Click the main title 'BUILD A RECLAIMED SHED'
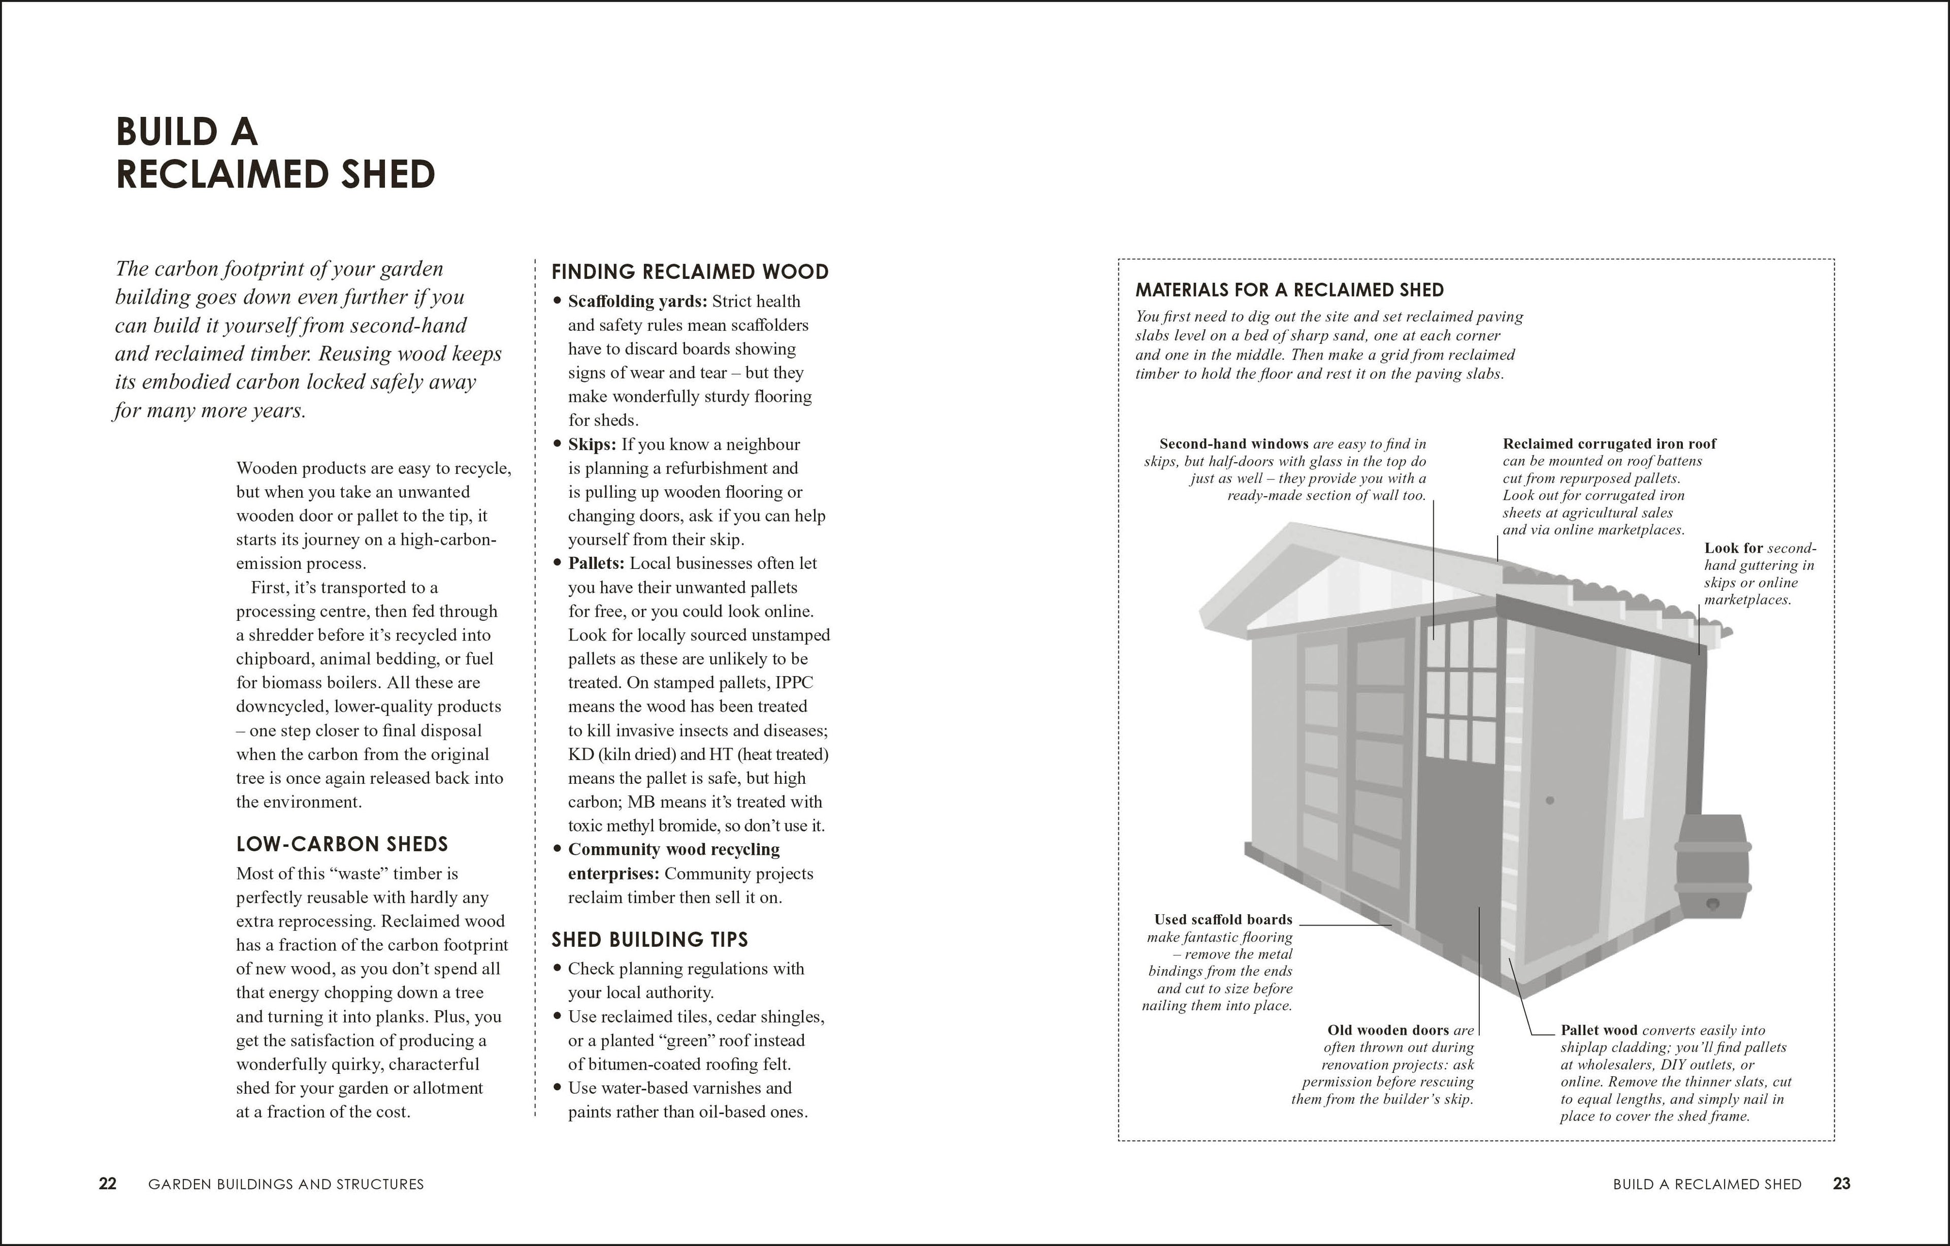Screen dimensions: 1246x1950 275,153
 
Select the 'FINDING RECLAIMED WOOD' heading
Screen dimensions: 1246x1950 690,272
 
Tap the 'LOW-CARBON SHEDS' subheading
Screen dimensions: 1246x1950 342,844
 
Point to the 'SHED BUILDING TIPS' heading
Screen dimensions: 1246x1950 649,940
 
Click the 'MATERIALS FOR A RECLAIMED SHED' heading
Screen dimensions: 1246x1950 1289,290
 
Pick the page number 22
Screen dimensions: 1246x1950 108,1184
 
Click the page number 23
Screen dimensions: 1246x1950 1841,1184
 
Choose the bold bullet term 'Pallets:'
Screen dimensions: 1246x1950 596,564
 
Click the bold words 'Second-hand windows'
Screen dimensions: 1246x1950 1233,444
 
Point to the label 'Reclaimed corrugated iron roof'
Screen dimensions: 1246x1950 1609,444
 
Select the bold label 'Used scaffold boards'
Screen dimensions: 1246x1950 1223,919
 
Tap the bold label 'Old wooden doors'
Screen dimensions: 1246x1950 1388,1031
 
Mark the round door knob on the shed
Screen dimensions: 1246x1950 1550,801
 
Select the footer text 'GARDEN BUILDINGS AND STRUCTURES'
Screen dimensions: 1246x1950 286,1185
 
